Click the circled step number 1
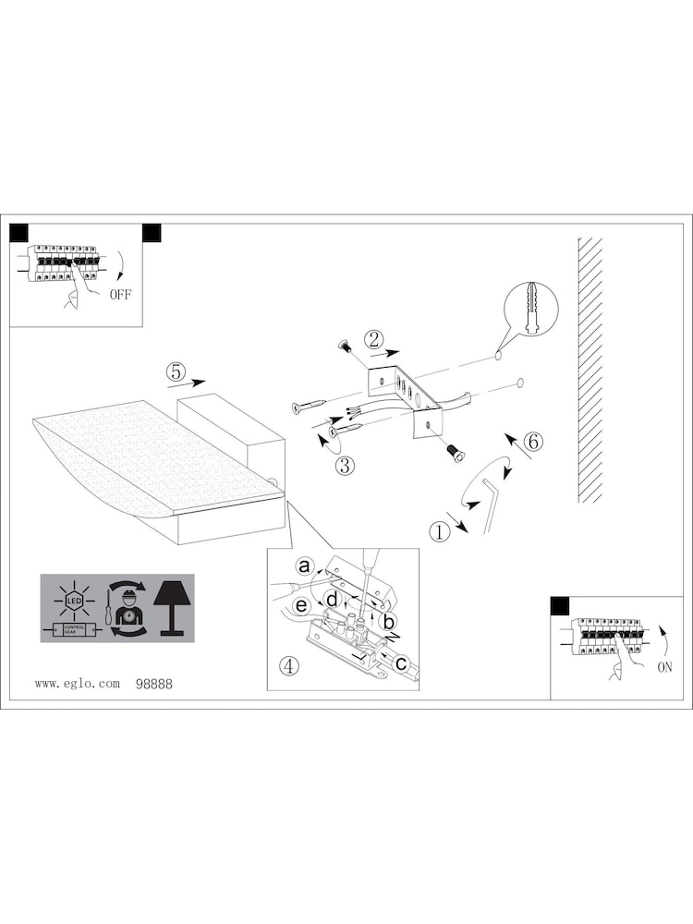pyautogui.click(x=438, y=531)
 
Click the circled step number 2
pyautogui.click(x=372, y=339)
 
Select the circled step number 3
pyautogui.click(x=345, y=466)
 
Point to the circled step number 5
pyautogui.click(x=176, y=371)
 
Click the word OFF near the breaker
pyautogui.click(x=121, y=296)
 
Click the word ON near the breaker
pyautogui.click(x=664, y=668)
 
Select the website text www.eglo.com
pyautogui.click(x=78, y=684)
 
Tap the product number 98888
pyautogui.click(x=153, y=684)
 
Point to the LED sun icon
pyautogui.click(x=71, y=600)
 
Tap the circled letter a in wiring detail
pyautogui.click(x=303, y=565)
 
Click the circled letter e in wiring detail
pyautogui.click(x=300, y=605)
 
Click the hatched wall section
pyautogui.click(x=590, y=370)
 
